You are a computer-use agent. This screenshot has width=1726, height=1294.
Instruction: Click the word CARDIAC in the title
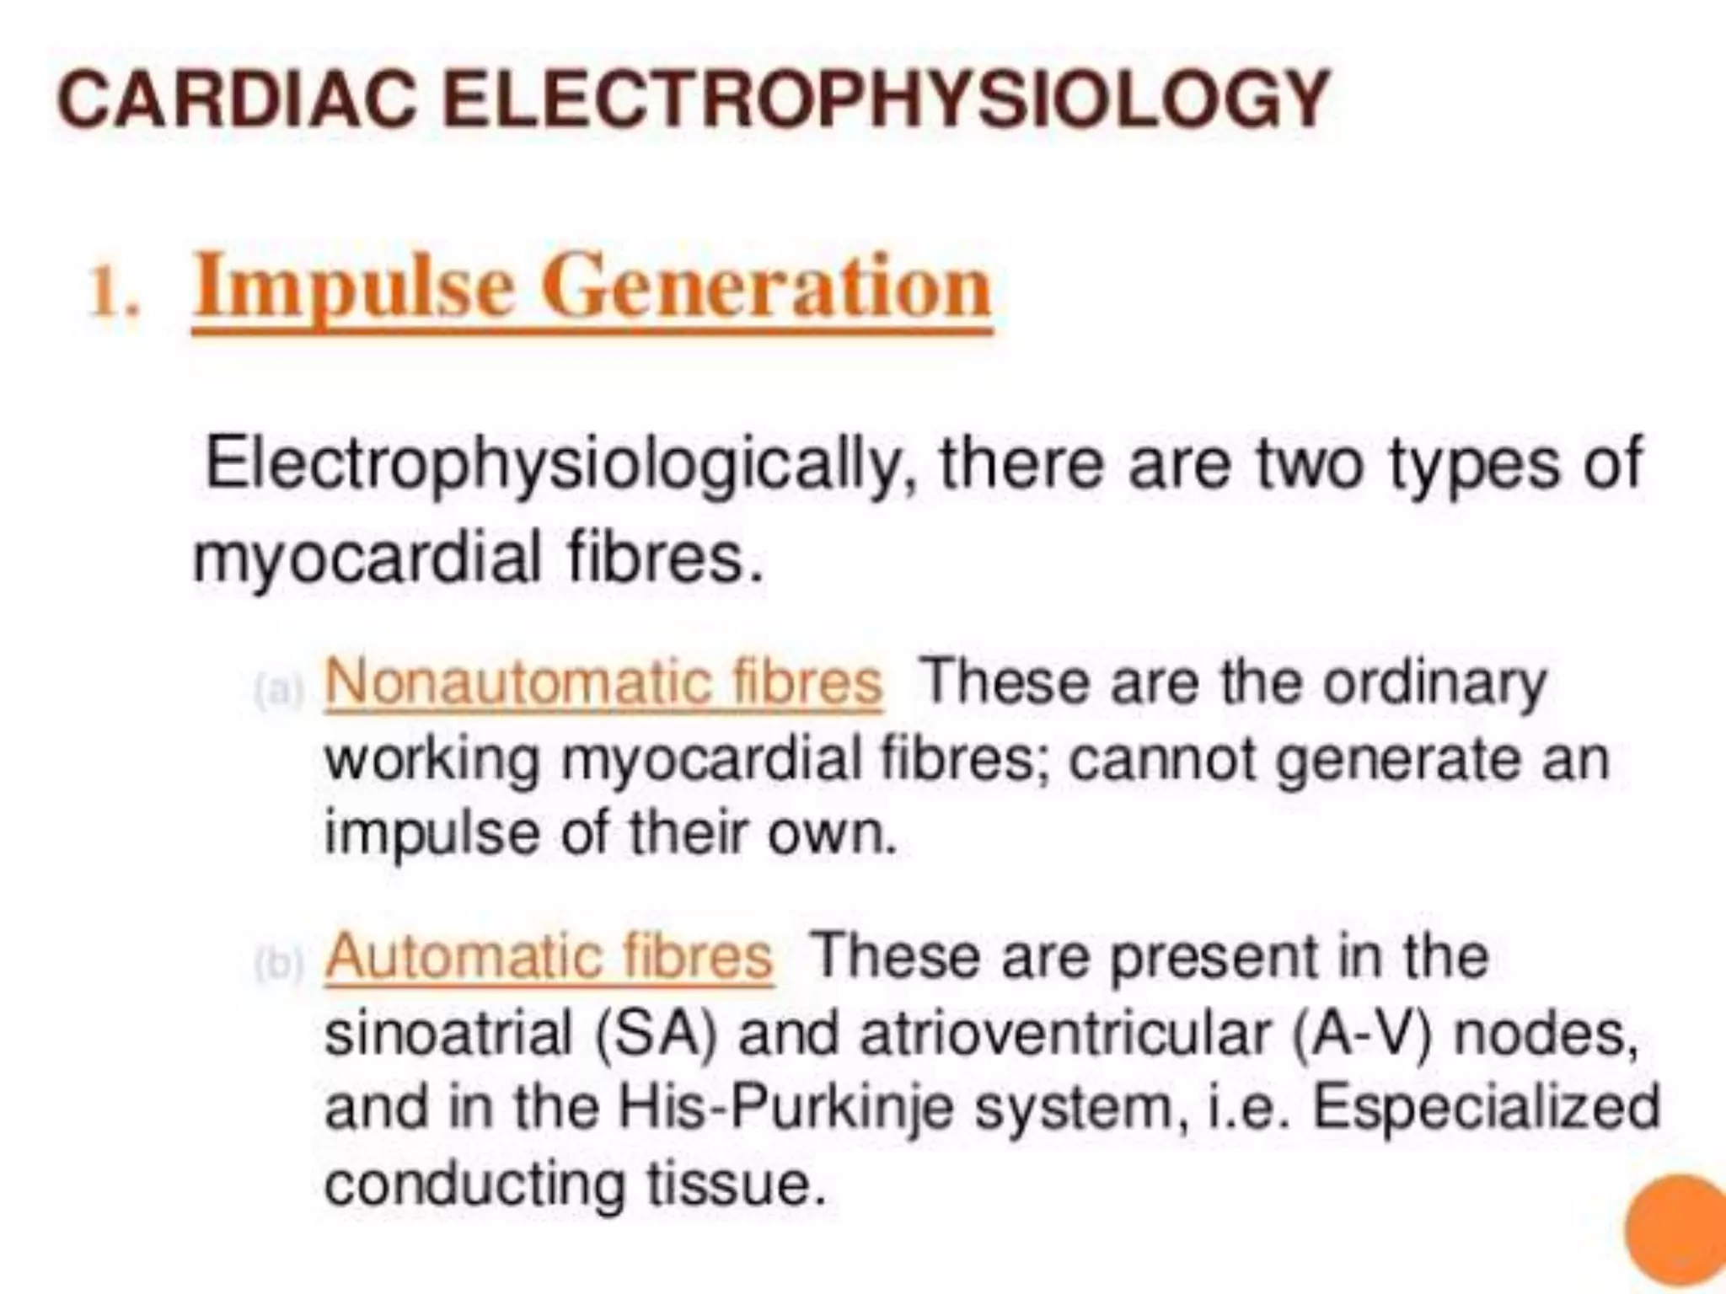coord(236,100)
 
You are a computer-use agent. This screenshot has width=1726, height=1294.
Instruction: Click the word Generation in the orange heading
coord(770,287)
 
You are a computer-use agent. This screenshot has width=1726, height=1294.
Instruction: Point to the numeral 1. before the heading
coord(114,295)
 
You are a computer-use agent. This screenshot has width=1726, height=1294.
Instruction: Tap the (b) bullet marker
coord(277,965)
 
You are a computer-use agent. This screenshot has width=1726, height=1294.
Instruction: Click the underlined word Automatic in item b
coord(464,956)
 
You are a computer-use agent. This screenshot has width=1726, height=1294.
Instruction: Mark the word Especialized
coord(1487,1107)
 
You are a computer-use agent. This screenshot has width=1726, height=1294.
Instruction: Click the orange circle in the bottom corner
coord(1677,1235)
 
